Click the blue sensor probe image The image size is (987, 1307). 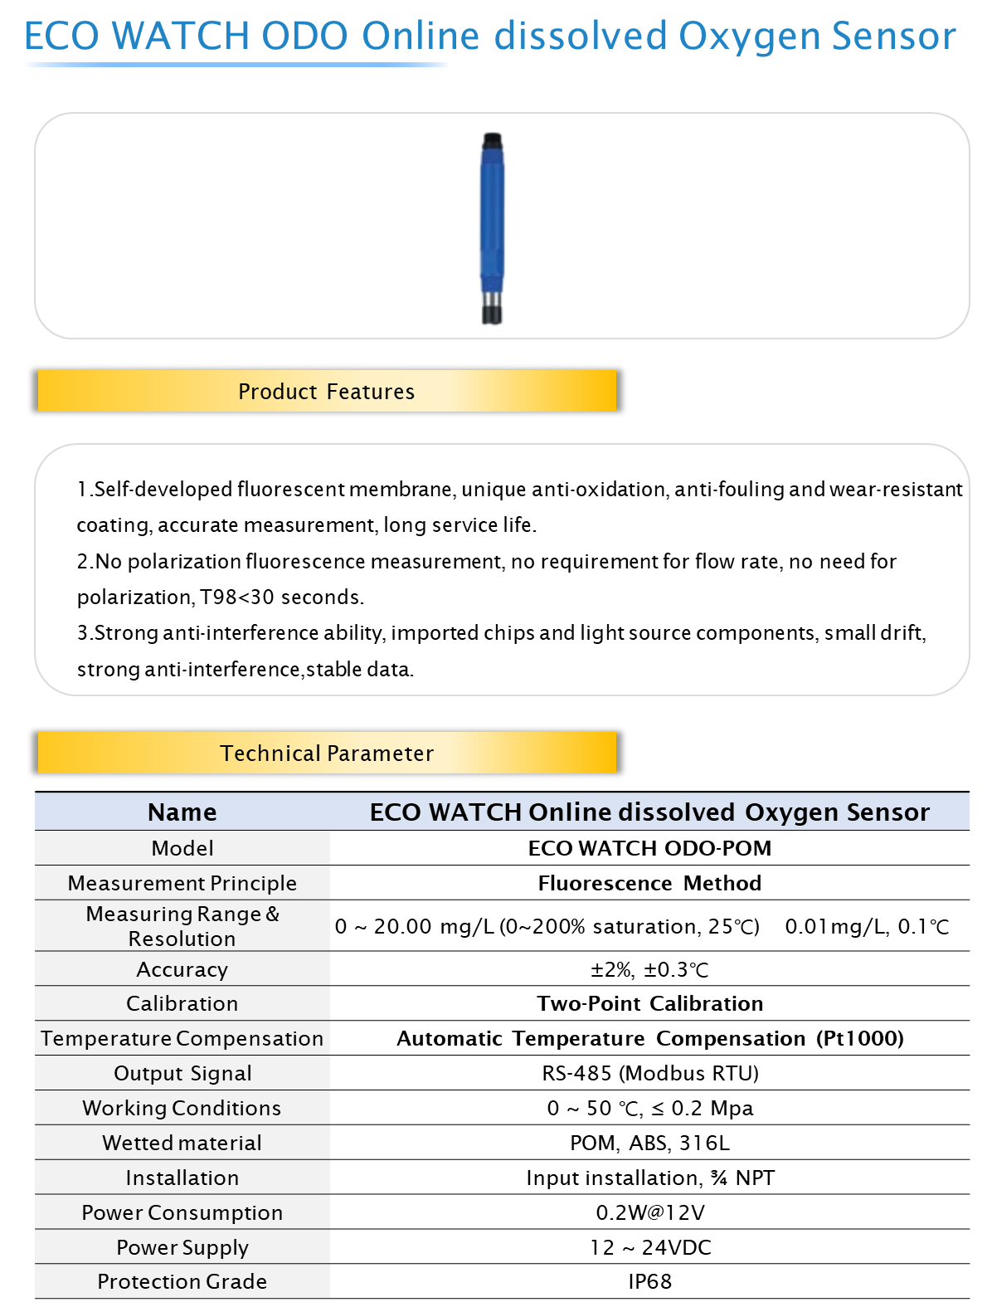click(492, 228)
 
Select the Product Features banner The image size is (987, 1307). click(327, 391)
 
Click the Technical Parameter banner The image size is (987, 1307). click(327, 753)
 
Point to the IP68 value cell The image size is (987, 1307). click(649, 1281)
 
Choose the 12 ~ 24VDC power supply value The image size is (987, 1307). click(650, 1247)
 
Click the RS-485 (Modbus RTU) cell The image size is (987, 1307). click(650, 1073)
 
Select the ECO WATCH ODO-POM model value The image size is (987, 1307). click(649, 848)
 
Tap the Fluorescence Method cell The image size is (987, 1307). click(649, 883)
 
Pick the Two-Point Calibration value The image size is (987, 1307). click(649, 1003)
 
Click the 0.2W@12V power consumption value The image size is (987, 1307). click(650, 1212)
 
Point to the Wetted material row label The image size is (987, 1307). click(182, 1143)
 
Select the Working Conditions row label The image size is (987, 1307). click(182, 1108)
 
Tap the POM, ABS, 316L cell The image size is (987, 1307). click(649, 1143)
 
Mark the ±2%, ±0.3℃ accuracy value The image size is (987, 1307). click(649, 969)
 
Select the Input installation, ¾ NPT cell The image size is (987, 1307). click(650, 1178)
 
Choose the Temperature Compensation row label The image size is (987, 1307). click(182, 1038)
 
